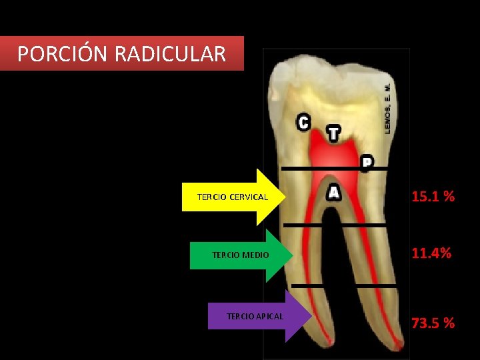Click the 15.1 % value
433,197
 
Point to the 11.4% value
431,253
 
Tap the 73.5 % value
433,323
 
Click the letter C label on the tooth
303,122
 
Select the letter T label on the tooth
333,133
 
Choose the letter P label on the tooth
367,162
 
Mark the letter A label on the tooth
334,192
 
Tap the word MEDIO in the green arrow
256,255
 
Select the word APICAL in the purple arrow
269,316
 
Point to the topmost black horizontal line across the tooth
333,169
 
